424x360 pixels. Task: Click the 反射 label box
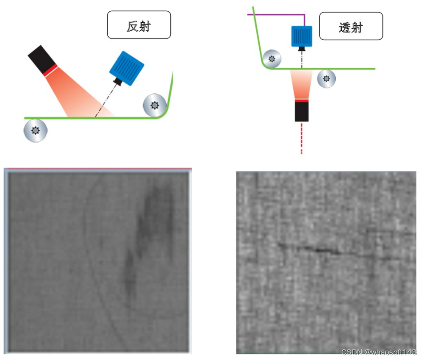(x=138, y=25)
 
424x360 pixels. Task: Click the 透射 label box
(x=350, y=27)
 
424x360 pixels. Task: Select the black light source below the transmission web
(x=301, y=111)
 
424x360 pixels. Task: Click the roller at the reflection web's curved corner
(x=154, y=104)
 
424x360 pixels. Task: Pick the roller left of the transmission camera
(x=271, y=59)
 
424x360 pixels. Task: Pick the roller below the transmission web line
(x=326, y=78)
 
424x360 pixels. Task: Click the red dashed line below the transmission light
(x=301, y=139)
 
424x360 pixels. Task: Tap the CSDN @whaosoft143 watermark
(x=379, y=352)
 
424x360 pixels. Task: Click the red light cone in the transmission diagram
(x=301, y=85)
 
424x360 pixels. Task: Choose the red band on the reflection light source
(x=50, y=70)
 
